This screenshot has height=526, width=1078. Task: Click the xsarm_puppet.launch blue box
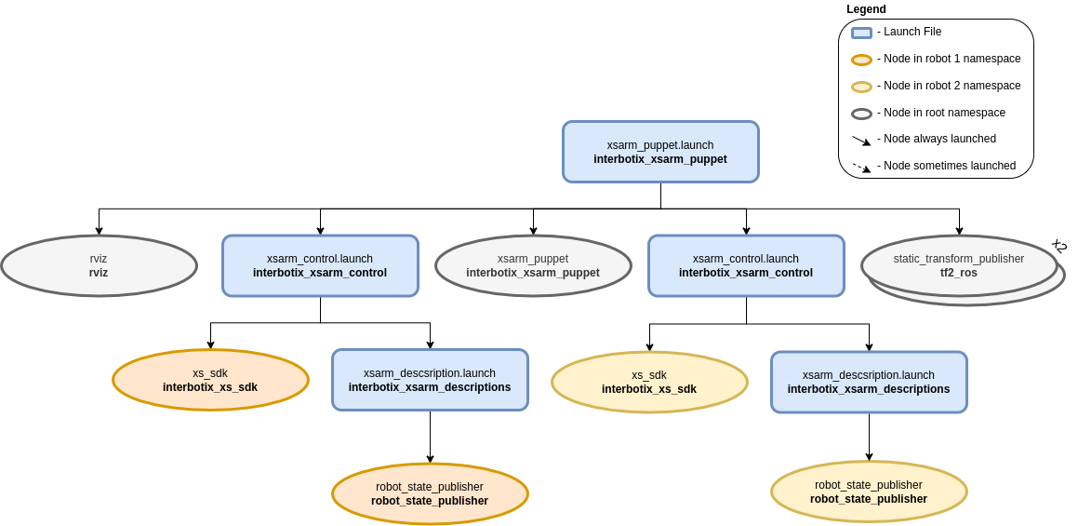coord(660,152)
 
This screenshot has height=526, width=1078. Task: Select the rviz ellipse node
coord(99,265)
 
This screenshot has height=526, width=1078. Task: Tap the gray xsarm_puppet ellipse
coord(533,265)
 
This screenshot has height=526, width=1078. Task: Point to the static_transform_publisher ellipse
coord(959,265)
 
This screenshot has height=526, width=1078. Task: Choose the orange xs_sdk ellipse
coord(210,380)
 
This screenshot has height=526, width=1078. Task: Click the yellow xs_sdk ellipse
coord(649,382)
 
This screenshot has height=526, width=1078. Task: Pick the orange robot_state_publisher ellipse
coord(430,493)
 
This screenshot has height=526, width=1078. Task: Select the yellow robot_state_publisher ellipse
coord(869,492)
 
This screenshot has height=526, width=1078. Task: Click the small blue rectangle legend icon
coord(861,33)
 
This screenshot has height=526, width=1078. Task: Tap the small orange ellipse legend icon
coord(861,60)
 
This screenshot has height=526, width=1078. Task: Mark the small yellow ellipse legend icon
coord(861,87)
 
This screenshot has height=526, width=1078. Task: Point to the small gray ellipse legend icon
coord(861,114)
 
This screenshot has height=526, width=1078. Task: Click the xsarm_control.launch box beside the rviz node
coord(320,265)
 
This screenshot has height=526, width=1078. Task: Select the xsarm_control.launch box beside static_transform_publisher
coord(746,265)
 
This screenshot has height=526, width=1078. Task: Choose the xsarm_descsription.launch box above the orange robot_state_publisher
coord(430,380)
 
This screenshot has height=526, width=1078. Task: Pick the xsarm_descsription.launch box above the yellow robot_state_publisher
coord(869,382)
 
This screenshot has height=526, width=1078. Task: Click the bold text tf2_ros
coord(959,273)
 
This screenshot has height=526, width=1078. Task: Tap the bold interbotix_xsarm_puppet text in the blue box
coord(660,159)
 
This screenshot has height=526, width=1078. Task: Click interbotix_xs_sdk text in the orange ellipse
coord(210,387)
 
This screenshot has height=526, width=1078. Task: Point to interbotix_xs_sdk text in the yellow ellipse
coord(649,389)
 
